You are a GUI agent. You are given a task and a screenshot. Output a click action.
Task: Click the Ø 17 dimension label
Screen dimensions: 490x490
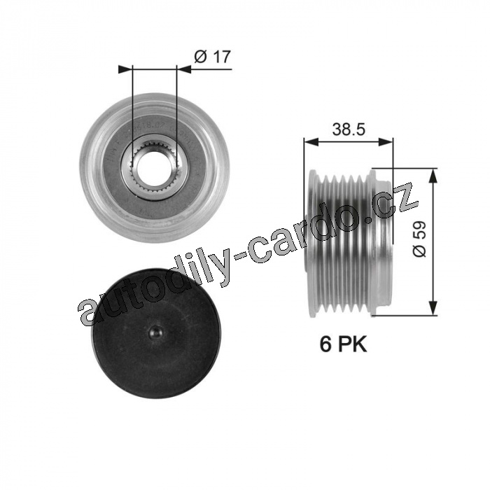click(x=212, y=57)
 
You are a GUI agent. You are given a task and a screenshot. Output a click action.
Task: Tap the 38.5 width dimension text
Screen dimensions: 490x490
click(x=349, y=129)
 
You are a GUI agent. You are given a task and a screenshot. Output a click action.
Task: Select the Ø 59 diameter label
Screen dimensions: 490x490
click(x=419, y=239)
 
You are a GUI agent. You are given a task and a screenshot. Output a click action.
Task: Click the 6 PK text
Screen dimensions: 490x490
click(x=343, y=344)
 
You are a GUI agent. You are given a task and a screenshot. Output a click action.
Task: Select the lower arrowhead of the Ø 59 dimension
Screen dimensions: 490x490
click(x=433, y=308)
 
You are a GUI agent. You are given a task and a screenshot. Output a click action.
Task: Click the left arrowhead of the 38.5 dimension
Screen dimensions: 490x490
click(x=311, y=142)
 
